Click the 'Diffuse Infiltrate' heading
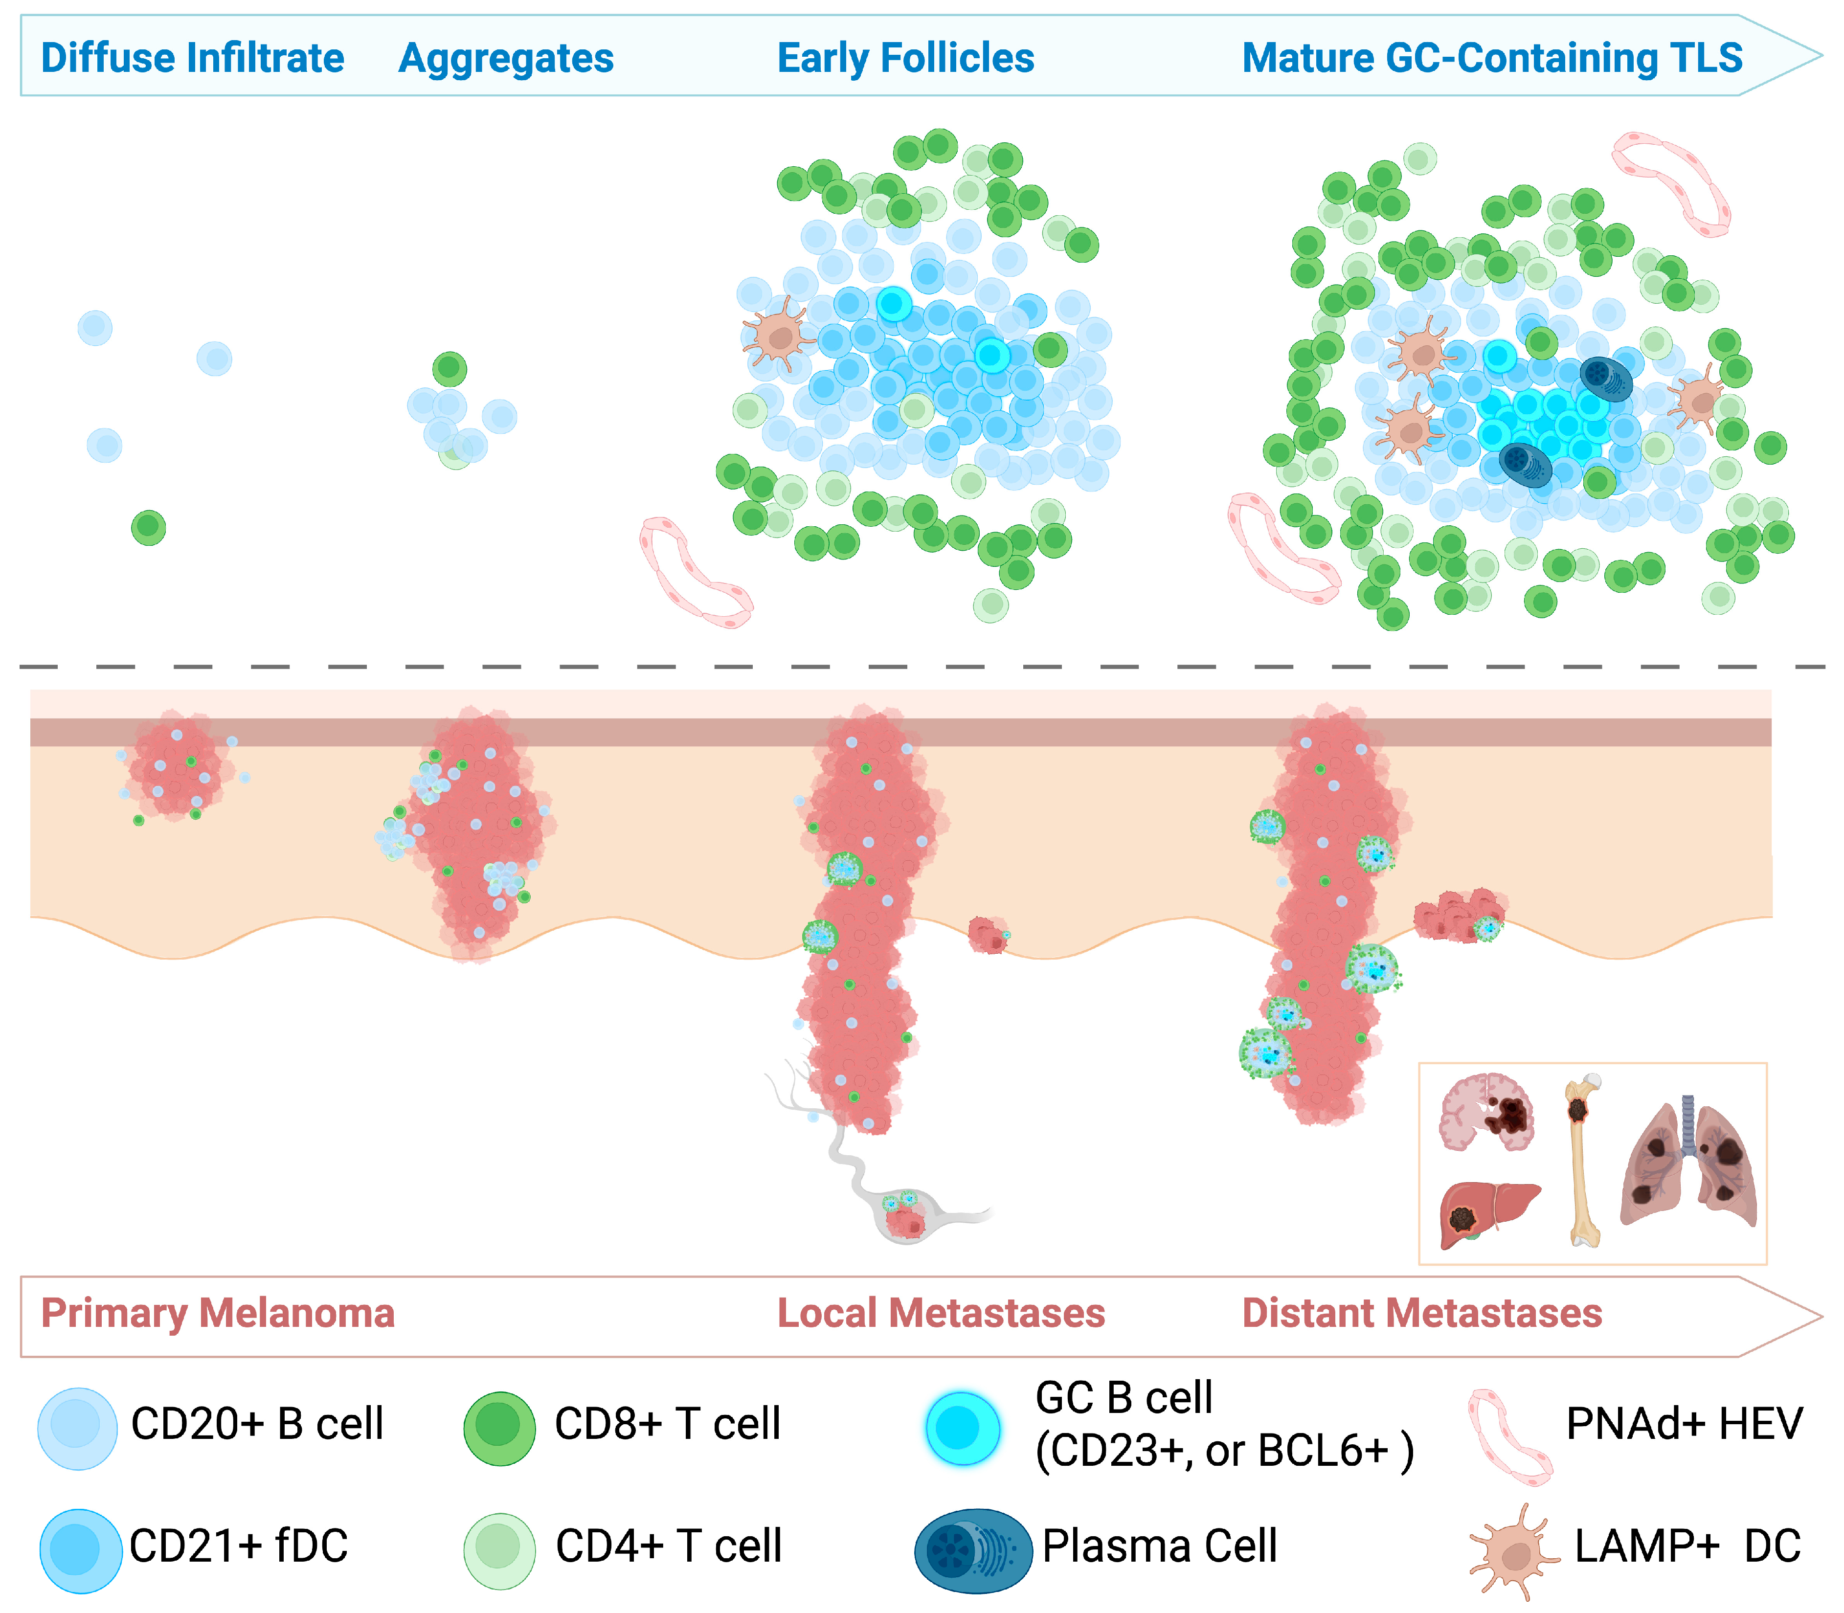coord(193,58)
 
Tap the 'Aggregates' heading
coord(506,58)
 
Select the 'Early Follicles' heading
coord(905,58)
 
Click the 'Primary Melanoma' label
coord(218,1313)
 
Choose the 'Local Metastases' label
coord(941,1313)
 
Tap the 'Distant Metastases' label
coord(1422,1313)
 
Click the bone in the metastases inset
coord(1581,1161)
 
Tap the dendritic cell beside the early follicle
coord(779,335)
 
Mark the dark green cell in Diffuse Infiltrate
coord(149,527)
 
